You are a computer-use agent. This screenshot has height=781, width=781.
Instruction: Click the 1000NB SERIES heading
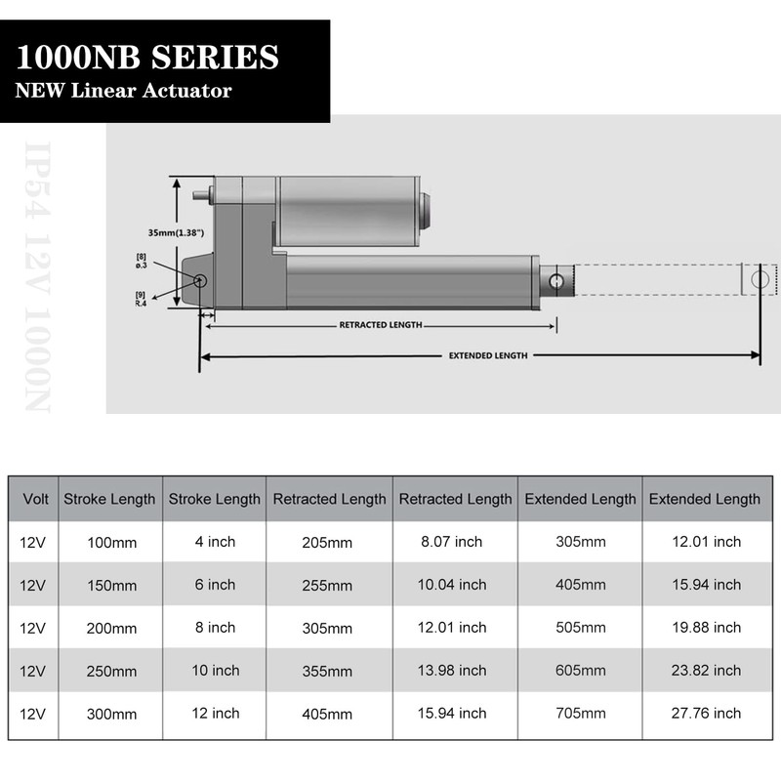pyautogui.click(x=146, y=57)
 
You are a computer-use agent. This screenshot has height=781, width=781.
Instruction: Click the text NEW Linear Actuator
pyautogui.click(x=123, y=91)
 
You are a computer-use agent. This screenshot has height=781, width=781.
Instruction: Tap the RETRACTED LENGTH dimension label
pyautogui.click(x=381, y=325)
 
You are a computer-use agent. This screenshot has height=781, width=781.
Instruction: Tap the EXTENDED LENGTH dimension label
pyautogui.click(x=488, y=356)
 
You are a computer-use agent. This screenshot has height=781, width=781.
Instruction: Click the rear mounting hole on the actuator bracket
pyautogui.click(x=200, y=281)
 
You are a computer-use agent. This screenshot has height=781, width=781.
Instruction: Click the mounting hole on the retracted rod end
pyautogui.click(x=556, y=282)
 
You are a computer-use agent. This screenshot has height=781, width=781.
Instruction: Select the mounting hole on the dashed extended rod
pyautogui.click(x=760, y=279)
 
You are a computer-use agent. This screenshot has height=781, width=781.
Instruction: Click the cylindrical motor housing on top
pyautogui.click(x=347, y=209)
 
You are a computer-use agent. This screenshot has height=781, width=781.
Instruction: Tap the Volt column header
pyautogui.click(x=36, y=499)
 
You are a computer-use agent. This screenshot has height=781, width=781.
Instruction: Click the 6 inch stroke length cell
pyautogui.click(x=215, y=585)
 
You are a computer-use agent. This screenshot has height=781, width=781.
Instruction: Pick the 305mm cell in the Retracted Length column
pyautogui.click(x=328, y=629)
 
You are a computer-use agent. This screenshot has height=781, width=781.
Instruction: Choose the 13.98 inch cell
pyautogui.click(x=454, y=671)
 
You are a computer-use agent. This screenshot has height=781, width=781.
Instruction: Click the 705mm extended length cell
pyautogui.click(x=580, y=714)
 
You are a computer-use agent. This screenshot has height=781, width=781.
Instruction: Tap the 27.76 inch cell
pyautogui.click(x=704, y=714)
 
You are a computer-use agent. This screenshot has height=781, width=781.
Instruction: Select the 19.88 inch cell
pyautogui.click(x=704, y=628)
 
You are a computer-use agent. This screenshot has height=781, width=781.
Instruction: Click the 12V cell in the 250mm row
pyautogui.click(x=32, y=671)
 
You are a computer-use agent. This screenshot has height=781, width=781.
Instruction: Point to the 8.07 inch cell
pyautogui.click(x=454, y=542)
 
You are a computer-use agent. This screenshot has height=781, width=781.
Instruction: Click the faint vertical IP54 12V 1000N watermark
pyautogui.click(x=37, y=278)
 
